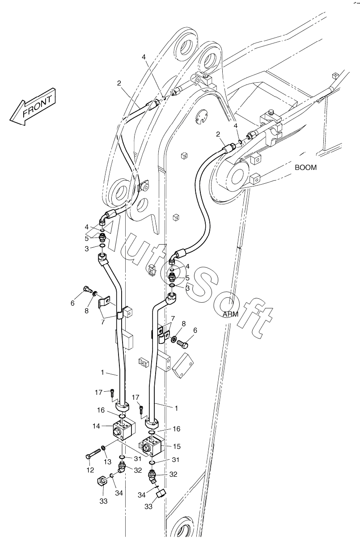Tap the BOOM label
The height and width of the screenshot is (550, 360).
tap(305, 168)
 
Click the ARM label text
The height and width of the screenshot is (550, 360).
tap(231, 314)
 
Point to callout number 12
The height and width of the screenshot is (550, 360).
tap(90, 470)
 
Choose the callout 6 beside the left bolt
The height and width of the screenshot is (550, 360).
tap(72, 303)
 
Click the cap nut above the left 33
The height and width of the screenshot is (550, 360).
tap(102, 482)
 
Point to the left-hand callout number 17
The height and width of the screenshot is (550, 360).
tap(99, 392)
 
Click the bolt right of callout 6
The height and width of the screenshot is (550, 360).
tap(182, 344)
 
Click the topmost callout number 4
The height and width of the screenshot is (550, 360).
tap(144, 57)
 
